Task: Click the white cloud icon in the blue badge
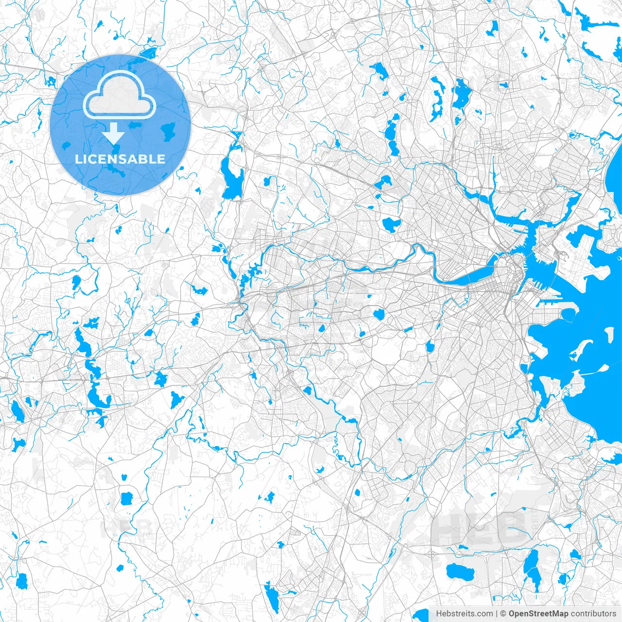(x=120, y=95)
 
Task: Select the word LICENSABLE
(x=120, y=159)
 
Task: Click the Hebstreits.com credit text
(x=464, y=614)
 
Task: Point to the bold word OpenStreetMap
(x=538, y=614)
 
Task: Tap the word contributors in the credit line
(x=593, y=614)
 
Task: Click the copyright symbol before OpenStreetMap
(x=503, y=614)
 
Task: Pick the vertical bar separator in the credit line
(x=496, y=614)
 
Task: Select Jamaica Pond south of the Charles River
(x=430, y=346)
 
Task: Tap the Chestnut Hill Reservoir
(x=379, y=314)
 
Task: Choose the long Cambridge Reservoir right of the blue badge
(x=231, y=175)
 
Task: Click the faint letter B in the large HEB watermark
(x=510, y=527)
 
